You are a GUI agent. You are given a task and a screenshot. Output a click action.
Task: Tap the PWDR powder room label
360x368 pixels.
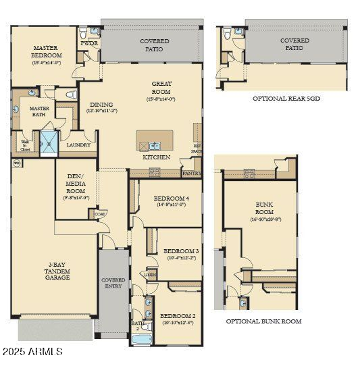[89, 43]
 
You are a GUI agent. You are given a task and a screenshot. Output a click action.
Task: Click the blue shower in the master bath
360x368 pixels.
[49, 143]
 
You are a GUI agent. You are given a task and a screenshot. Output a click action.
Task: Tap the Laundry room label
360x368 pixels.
[78, 144]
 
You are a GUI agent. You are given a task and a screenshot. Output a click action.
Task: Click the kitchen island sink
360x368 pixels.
[155, 144]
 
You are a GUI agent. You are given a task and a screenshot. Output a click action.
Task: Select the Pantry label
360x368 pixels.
[191, 174]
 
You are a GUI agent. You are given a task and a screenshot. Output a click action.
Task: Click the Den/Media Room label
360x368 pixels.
[75, 186]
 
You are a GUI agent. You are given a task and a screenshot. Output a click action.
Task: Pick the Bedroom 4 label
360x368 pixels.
[171, 201]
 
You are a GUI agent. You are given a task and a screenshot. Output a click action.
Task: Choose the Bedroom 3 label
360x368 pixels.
[180, 254]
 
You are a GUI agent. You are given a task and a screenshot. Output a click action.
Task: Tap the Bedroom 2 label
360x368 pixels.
[178, 319]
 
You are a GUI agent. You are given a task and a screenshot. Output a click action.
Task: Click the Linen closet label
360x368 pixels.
[150, 274]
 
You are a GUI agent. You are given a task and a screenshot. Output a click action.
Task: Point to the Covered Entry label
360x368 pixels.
[113, 283]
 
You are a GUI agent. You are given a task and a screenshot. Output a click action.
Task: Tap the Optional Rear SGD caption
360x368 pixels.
[286, 99]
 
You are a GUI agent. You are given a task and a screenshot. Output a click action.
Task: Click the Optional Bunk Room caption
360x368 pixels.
[263, 321]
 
